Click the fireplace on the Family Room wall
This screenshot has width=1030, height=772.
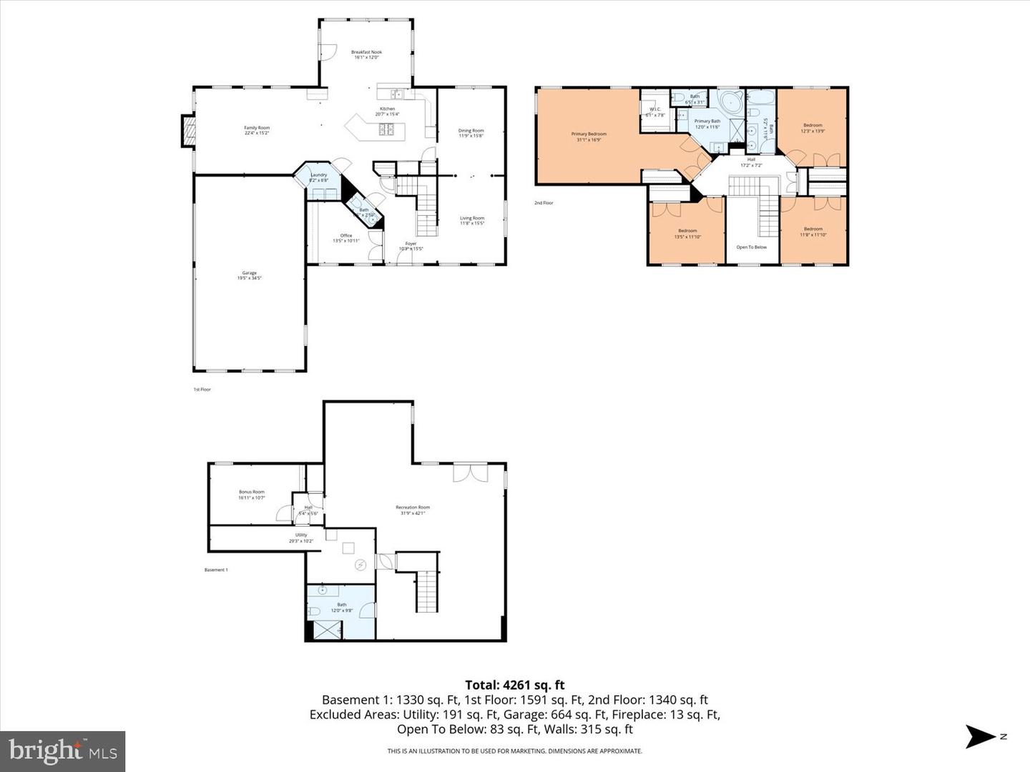click(x=187, y=131)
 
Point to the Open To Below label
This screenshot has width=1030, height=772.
click(x=751, y=247)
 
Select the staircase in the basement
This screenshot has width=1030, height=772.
click(x=426, y=590)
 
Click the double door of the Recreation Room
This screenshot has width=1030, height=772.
click(x=470, y=472)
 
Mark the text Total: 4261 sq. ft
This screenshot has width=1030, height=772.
click(x=514, y=685)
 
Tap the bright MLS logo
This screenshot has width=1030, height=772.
click(x=63, y=751)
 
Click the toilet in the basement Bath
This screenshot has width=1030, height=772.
click(x=314, y=612)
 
